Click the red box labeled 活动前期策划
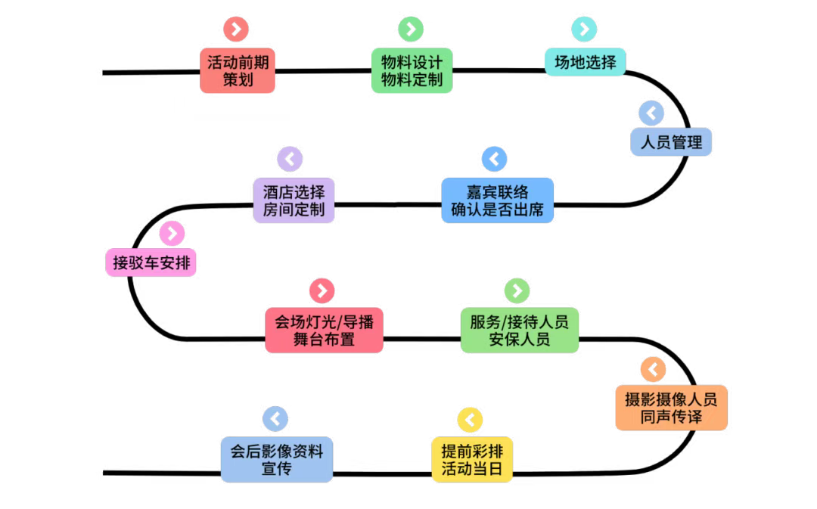(x=238, y=71)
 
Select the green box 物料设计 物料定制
(x=412, y=71)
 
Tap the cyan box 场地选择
(x=585, y=63)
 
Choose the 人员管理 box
(x=671, y=141)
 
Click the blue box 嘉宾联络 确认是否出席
(x=498, y=200)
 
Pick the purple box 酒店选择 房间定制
(x=294, y=200)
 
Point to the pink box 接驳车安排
(x=151, y=262)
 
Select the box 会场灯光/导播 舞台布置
(x=324, y=331)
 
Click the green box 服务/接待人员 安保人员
(x=520, y=331)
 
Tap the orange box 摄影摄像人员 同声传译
(x=671, y=408)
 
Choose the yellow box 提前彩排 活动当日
(x=472, y=460)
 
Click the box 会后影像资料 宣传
(x=277, y=460)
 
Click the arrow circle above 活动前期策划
(x=236, y=29)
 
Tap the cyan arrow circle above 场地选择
(x=584, y=29)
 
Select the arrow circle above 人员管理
(x=651, y=113)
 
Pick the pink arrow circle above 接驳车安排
(x=172, y=234)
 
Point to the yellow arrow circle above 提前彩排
(x=470, y=420)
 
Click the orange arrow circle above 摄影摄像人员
(x=653, y=369)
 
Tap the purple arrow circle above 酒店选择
(x=290, y=159)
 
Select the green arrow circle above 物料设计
(x=411, y=29)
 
